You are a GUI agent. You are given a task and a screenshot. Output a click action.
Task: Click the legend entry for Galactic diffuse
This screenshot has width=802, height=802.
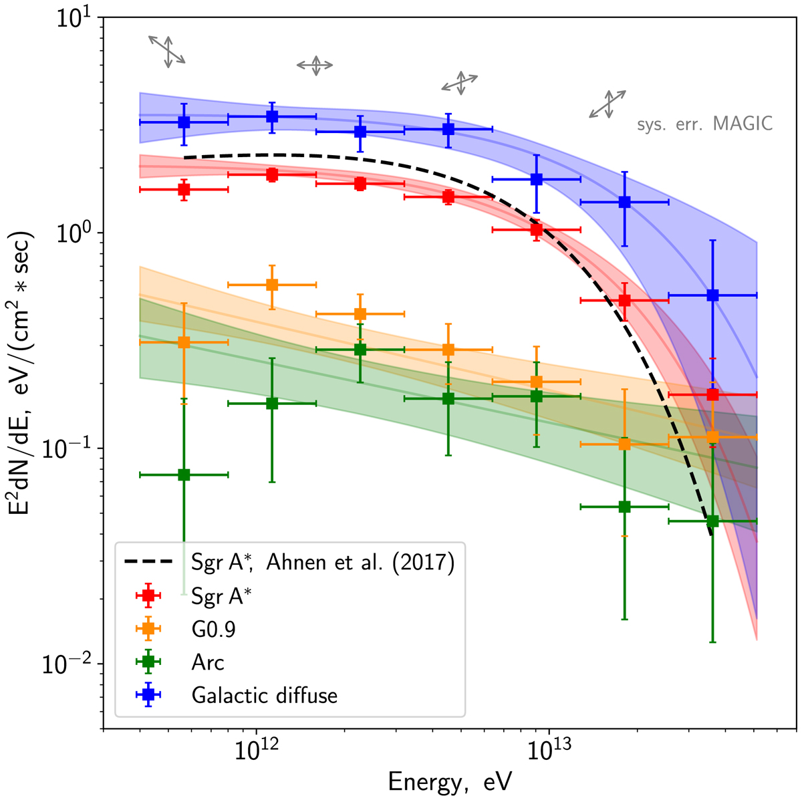pos(264,695)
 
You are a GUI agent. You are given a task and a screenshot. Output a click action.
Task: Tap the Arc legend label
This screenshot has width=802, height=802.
pos(208,662)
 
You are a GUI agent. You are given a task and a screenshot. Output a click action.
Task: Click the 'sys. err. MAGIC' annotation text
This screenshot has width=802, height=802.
pos(704,124)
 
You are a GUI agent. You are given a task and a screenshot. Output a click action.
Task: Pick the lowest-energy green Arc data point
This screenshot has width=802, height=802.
pos(184,475)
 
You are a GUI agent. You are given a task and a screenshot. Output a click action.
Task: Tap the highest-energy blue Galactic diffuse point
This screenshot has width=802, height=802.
pos(712,295)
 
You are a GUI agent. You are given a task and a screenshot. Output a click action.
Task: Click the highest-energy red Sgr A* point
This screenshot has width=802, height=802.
pos(712,394)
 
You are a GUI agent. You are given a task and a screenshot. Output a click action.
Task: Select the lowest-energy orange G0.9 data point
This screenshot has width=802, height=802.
pos(184,342)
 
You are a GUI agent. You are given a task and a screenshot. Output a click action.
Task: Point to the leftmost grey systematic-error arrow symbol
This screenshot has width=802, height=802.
pos(166,51)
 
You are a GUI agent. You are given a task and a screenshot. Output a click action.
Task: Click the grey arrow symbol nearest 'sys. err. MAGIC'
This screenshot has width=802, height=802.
pos(607,104)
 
